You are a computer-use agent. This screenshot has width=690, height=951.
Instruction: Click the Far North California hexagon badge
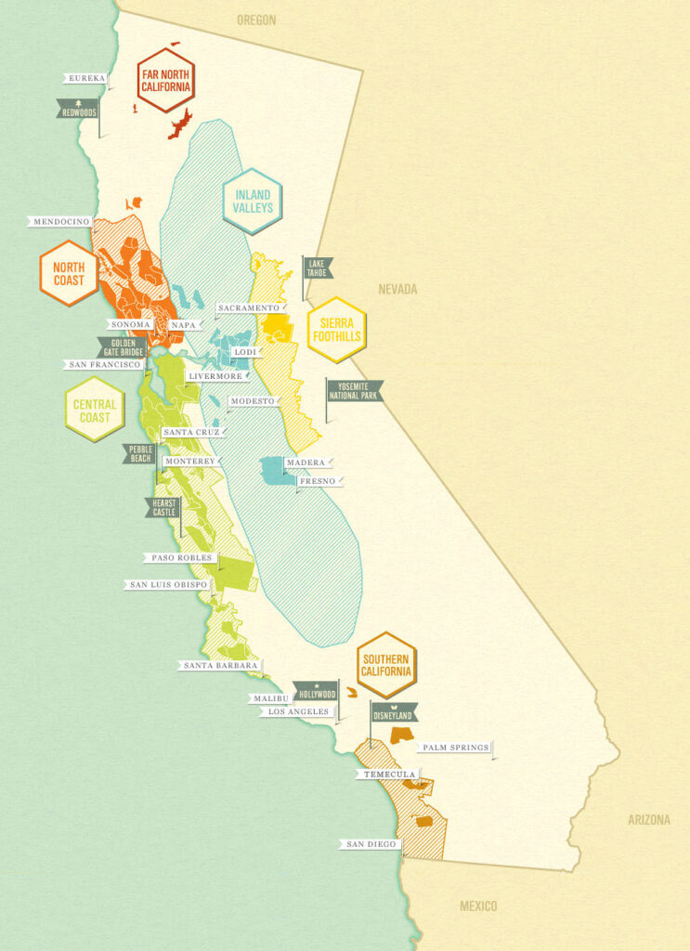point(165,80)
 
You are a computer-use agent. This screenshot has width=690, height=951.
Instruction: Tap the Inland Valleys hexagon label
point(252,202)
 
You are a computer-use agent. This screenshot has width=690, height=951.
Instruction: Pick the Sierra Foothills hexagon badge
point(336,330)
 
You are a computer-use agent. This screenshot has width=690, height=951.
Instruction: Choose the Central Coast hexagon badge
point(95,410)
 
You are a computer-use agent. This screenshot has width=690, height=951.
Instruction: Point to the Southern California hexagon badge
point(385,665)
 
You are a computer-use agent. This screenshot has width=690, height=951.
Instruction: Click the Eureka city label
point(86,79)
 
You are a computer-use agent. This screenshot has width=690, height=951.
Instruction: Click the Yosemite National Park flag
point(353,390)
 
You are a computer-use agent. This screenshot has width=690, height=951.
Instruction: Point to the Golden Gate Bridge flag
point(122,348)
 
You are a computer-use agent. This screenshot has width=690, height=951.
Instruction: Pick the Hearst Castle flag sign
point(161,507)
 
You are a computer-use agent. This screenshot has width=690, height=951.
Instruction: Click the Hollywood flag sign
point(316,693)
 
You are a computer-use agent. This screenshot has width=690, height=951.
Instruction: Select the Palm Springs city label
point(454,748)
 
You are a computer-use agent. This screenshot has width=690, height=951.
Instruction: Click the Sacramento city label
point(248,307)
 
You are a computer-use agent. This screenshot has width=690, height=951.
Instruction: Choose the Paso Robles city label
point(181,559)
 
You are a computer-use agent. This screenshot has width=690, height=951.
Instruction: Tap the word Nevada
point(397,290)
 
